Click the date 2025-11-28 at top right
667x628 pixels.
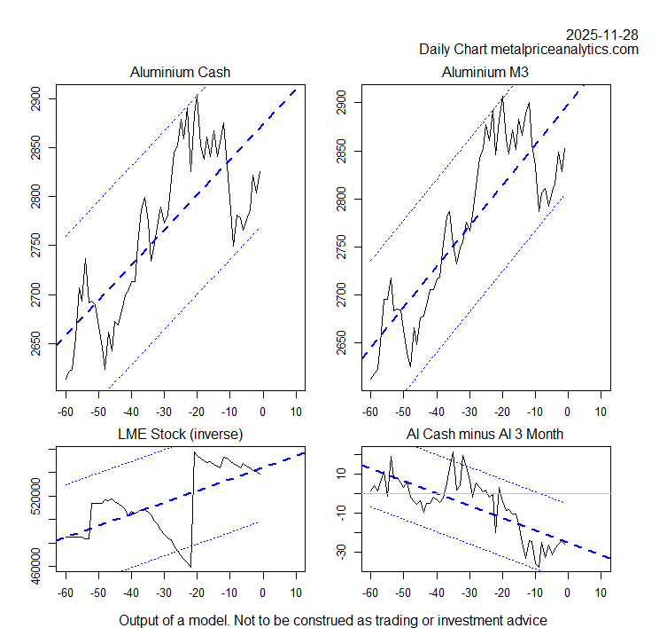[602, 35]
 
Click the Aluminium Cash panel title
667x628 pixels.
[180, 72]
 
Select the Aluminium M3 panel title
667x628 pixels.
[485, 72]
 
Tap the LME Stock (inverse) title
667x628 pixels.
[180, 434]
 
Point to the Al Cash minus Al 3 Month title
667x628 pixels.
[485, 434]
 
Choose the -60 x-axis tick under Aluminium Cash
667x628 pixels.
[66, 412]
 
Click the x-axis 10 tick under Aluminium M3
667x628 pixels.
[601, 412]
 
